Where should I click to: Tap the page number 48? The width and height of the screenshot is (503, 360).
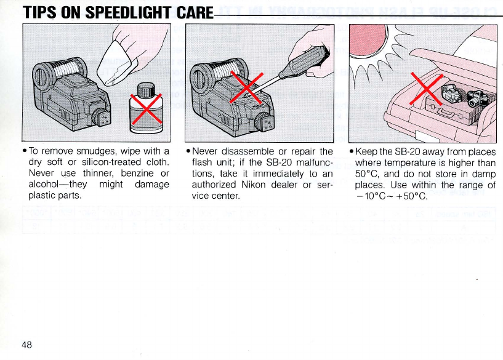pos(27,345)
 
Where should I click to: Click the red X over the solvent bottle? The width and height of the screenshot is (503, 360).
pos(147,109)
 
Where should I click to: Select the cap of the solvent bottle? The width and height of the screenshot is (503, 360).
pos(147,89)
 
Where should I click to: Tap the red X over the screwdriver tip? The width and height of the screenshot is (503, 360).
pos(246,87)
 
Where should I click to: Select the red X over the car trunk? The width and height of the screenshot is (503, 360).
pos(427,89)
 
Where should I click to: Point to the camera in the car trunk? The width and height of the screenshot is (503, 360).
pos(477,97)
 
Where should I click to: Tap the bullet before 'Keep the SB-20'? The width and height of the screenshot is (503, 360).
pos(352,151)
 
